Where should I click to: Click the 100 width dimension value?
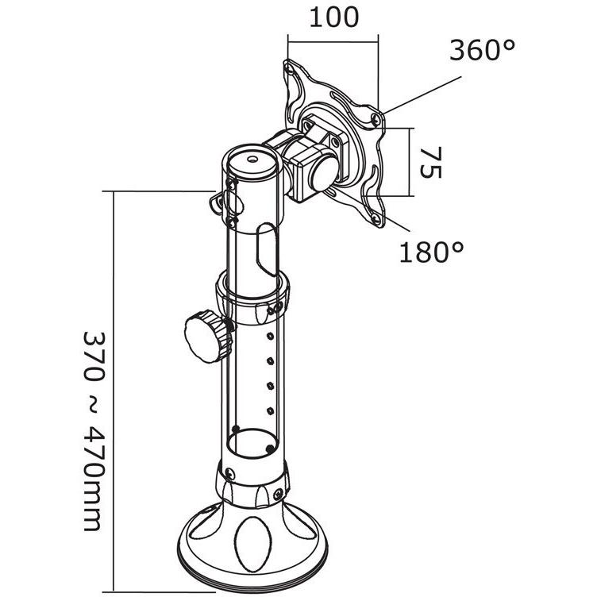pos(333,17)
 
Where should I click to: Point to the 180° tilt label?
pos(432,252)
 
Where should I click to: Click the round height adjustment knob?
pos(204,337)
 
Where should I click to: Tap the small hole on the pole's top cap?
pos(252,158)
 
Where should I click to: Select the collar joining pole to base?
pos(252,485)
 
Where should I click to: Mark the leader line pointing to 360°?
pos(421,96)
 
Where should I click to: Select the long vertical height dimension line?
pos(117,389)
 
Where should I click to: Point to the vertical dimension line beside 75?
pos(411,162)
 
